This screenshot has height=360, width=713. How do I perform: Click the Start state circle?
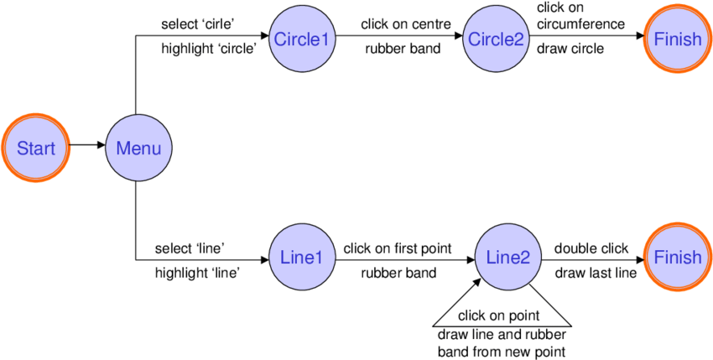36,149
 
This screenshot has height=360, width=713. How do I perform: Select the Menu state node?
138,149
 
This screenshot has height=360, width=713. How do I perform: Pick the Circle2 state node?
495,39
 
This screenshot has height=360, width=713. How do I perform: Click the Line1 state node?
301,258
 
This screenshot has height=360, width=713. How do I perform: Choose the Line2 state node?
508,258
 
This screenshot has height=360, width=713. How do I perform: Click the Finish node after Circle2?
678,39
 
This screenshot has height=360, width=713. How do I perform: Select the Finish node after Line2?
678,258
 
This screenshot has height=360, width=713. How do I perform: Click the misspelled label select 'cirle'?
197,23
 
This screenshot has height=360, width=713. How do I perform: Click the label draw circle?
570,49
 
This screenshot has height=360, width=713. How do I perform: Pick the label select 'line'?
189,248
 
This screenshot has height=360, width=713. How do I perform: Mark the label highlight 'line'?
197,273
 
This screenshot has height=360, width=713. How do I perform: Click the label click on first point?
398,248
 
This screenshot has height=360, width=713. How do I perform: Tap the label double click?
591,248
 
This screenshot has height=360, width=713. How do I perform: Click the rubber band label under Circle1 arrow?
403,49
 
